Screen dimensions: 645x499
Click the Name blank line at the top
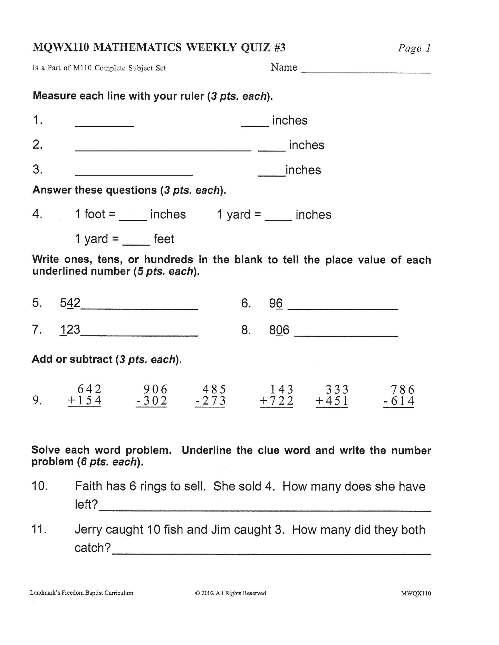tap(366, 72)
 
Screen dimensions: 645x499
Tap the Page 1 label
tap(414, 48)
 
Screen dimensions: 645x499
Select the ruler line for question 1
tap(104, 127)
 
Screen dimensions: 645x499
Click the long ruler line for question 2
tap(163, 151)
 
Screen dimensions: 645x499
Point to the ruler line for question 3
tap(134, 176)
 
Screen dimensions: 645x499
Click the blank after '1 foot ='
tap(133, 219)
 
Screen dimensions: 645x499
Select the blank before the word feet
tap(136, 244)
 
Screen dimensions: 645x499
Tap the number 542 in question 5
tap(70, 303)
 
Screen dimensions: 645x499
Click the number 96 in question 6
tap(276, 304)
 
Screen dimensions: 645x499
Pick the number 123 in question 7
tap(70, 330)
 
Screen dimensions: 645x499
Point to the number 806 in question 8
tap(279, 330)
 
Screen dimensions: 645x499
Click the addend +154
tap(85, 401)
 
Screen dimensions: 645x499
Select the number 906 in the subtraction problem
tap(155, 389)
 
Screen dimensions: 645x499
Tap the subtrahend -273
tap(210, 401)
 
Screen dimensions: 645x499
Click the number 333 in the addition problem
tap(337, 390)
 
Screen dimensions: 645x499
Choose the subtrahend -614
tap(399, 401)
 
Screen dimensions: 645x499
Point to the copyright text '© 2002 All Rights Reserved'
tap(231, 593)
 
